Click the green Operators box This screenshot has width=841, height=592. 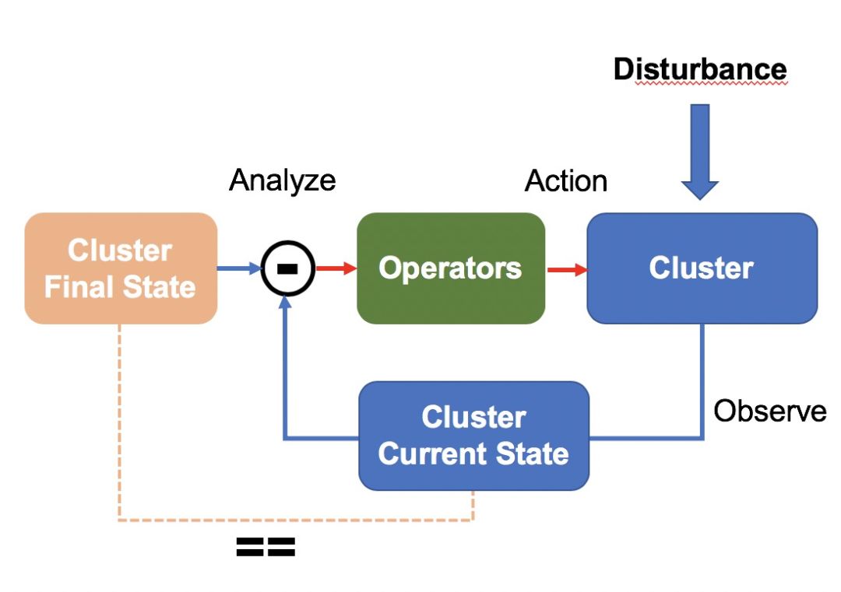[x=450, y=268]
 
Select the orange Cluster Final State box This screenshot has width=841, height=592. [x=121, y=268]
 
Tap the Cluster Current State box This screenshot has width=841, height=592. [x=473, y=436]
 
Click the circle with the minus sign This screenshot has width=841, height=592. [x=287, y=268]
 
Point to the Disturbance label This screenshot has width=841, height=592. [x=700, y=69]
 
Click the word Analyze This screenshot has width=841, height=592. [x=282, y=180]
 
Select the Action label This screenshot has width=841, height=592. [x=566, y=180]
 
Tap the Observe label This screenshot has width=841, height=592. [x=769, y=411]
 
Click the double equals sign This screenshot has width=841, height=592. [x=266, y=548]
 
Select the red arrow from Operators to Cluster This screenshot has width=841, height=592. [x=566, y=270]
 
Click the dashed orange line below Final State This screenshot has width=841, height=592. [x=119, y=420]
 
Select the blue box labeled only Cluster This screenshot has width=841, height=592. [x=702, y=268]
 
